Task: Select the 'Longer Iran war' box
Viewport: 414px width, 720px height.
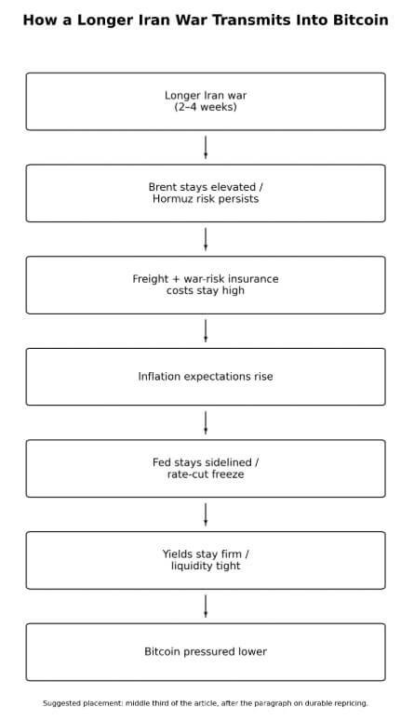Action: coord(206,101)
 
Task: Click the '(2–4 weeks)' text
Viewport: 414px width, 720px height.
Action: coord(206,107)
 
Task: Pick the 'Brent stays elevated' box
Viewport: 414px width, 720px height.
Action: coord(206,193)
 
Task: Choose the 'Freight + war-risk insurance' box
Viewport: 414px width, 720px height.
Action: coord(206,285)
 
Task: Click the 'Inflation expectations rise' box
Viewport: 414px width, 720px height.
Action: coord(206,377)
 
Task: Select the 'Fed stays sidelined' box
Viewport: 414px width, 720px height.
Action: coord(206,468)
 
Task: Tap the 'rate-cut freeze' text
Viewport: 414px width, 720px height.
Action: coord(206,474)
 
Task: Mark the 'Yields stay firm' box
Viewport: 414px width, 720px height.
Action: coord(206,560)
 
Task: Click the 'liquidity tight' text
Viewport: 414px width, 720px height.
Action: coord(206,566)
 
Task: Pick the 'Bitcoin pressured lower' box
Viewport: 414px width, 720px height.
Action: coord(206,652)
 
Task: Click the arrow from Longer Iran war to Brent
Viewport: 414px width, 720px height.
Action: coord(206,147)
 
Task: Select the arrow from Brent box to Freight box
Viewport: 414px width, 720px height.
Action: coord(206,239)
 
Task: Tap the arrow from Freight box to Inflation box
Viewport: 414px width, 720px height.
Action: coord(206,330)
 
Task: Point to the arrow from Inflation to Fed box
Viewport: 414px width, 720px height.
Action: coord(206,422)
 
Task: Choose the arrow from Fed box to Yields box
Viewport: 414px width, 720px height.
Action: coord(206,514)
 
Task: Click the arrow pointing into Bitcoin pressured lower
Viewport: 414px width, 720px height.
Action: coord(206,606)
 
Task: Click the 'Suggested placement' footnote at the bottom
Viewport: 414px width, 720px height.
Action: coord(206,703)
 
